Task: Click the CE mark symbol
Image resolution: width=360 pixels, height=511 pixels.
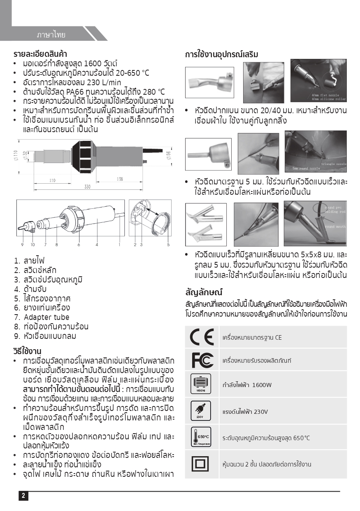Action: click(x=202, y=337)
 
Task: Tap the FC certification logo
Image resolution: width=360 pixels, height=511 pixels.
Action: click(x=202, y=360)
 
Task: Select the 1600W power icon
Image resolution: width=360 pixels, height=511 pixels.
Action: click(x=201, y=384)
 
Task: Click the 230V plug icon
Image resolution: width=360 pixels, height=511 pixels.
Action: click(x=201, y=411)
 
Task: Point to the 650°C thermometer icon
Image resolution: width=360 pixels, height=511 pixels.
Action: click(x=201, y=437)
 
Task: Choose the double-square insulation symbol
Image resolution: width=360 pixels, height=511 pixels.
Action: click(x=201, y=464)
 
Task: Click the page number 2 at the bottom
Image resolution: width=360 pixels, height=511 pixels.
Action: click(x=23, y=496)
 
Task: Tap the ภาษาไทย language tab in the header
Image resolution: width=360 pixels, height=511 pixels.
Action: click(x=51, y=35)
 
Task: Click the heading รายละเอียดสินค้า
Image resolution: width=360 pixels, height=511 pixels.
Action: click(x=40, y=54)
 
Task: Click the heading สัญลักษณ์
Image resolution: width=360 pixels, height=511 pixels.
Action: click(x=204, y=292)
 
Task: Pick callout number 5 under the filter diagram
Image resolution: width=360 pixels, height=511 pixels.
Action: click(x=168, y=245)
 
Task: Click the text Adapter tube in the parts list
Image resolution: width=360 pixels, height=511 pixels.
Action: click(x=46, y=317)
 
